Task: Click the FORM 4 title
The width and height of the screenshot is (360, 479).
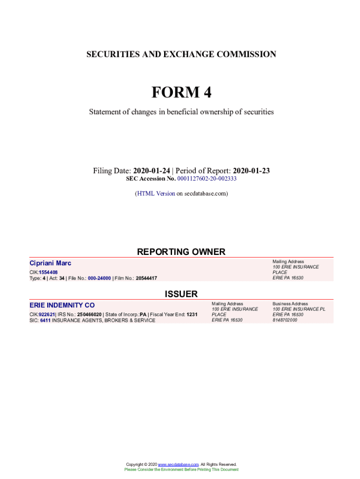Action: [181, 93]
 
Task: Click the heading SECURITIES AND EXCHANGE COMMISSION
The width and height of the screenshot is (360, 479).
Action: [181, 54]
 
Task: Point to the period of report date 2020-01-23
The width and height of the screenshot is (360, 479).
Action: [251, 171]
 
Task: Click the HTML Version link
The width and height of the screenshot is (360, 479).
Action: [156, 193]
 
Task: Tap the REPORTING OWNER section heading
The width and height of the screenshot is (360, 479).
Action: [181, 252]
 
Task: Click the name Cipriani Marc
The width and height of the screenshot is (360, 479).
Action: [50, 263]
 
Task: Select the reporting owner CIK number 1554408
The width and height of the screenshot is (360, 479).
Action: [48, 272]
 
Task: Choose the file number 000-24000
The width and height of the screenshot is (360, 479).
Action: [99, 278]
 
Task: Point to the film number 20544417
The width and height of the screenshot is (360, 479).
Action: [146, 278]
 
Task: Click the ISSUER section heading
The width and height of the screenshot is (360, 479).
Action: [181, 294]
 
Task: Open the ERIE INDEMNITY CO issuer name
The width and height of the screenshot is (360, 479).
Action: [62, 305]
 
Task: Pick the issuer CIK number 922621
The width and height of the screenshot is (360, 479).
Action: [47, 314]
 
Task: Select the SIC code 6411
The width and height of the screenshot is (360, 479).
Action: [45, 320]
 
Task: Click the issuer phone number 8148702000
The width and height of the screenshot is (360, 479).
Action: [285, 320]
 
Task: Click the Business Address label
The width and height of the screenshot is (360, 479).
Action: [290, 304]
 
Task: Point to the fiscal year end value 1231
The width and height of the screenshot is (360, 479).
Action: [192, 314]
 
